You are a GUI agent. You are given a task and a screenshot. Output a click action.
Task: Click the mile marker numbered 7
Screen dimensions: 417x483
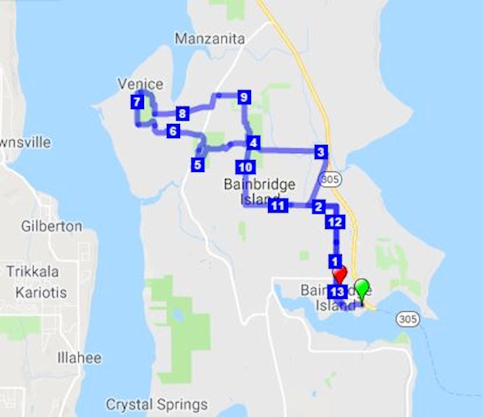point(137,102)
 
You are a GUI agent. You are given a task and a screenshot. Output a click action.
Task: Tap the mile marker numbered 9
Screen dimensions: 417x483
point(243,97)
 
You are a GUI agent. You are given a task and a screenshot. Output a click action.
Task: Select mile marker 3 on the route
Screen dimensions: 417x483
point(321,152)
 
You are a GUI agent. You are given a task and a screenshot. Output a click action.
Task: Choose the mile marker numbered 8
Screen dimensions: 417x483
point(182,114)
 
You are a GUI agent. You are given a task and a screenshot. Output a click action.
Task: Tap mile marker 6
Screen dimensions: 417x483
point(173,131)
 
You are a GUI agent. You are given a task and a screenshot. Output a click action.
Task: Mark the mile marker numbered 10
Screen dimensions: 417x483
point(245,167)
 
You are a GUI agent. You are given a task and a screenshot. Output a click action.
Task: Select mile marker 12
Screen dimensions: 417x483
point(335,222)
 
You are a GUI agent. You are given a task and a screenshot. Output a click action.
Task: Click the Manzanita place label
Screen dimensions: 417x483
point(210,39)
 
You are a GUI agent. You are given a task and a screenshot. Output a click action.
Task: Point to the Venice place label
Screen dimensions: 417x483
point(140,84)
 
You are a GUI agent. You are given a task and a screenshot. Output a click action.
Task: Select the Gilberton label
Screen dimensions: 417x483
point(52,226)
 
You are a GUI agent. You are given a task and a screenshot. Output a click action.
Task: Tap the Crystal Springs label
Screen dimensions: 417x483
point(157,404)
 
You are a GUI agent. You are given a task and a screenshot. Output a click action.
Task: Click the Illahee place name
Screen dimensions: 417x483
point(80,358)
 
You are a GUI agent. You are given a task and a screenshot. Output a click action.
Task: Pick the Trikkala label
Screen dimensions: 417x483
point(32,271)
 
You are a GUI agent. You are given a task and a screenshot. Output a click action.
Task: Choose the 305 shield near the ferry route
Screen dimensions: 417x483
point(407,319)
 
